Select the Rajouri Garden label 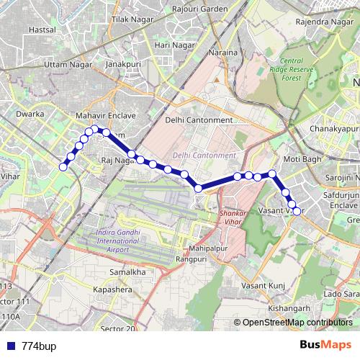[199, 9]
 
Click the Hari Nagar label [175, 45]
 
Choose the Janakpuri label [122, 64]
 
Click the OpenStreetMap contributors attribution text [298, 323]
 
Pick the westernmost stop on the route [63, 167]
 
